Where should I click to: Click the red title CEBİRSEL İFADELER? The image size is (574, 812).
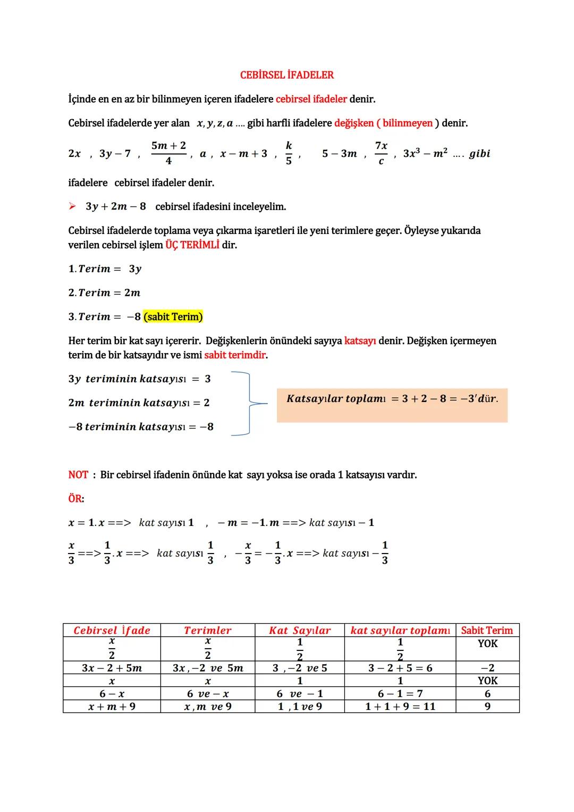pos(286,75)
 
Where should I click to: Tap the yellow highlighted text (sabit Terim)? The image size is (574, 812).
pos(173,317)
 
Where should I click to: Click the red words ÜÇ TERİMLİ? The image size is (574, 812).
pos(192,245)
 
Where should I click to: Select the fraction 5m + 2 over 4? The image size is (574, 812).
pos(168,153)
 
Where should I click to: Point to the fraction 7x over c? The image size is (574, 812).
pos(381,153)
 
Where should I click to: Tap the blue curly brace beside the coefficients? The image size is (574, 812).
pos(248,403)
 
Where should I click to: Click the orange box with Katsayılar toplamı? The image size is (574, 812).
pos(392,405)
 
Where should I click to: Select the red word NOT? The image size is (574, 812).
pos(78,475)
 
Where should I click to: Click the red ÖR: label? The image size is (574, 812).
pos(76,499)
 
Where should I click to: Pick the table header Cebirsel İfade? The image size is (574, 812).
pos(112,631)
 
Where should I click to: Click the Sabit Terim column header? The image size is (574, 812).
pos(487,631)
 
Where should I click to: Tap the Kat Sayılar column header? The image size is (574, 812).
pos(299,631)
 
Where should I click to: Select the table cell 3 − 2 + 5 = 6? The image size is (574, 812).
pos(400,668)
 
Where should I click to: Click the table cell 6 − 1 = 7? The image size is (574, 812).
pos(400,694)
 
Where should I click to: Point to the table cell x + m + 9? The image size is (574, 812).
pos(112,707)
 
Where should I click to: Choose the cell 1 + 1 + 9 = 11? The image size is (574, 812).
pos(400,707)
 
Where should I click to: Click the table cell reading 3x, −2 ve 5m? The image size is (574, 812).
pos(207,668)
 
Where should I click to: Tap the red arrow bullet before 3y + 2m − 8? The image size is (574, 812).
pos(72,206)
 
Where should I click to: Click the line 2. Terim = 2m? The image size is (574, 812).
pos(104,293)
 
